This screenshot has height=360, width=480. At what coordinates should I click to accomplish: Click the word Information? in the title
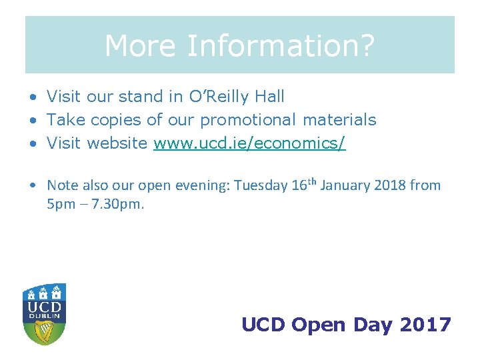281,47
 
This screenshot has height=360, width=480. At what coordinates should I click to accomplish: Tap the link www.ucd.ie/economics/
249,143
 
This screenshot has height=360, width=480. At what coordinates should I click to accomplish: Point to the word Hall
269,97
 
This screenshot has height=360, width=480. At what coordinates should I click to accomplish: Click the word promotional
249,120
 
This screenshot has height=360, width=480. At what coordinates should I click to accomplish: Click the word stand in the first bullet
141,97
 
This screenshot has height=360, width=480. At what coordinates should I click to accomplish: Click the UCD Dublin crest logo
44,314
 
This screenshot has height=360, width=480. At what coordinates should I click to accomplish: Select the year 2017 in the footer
425,325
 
